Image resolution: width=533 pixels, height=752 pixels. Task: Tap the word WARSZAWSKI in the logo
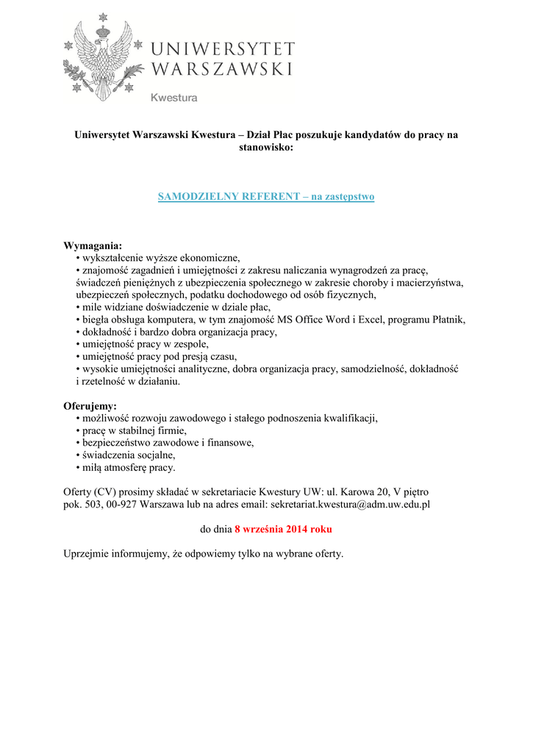tap(222, 70)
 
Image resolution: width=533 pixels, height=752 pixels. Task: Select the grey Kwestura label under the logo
tap(174, 98)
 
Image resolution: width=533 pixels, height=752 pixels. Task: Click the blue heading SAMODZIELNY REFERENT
tap(228, 197)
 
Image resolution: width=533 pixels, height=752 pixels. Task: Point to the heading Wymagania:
tap(93, 245)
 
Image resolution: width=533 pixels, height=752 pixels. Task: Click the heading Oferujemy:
tap(90, 405)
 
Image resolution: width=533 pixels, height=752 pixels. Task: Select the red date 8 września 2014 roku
tap(283, 529)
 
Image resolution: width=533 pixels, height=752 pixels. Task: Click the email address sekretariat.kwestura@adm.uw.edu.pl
tap(350, 505)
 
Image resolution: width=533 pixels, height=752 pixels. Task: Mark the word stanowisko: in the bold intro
tap(266, 148)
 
